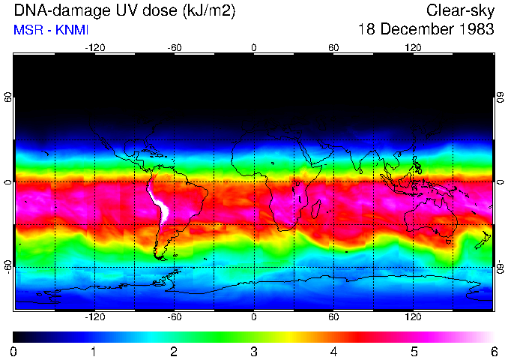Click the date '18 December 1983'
[426, 29]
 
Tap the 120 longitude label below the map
[413, 318]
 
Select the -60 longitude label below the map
[174, 318]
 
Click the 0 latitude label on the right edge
[501, 182]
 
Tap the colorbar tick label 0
[14, 351]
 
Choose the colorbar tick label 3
[254, 351]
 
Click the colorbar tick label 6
[493, 351]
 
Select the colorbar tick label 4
[333, 351]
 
